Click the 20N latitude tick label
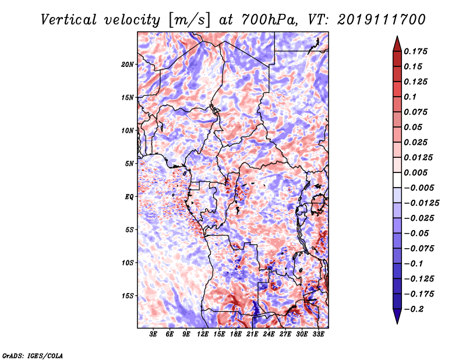128,65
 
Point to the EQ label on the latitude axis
129,197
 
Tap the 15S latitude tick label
128,296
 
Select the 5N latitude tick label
129,164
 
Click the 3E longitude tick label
153,334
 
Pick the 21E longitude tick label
252,334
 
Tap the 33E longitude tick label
318,334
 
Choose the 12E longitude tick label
202,334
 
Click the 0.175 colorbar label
415,51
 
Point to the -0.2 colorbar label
414,309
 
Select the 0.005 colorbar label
415,172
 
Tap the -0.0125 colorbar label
421,203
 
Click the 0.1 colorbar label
410,97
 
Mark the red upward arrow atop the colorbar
397,44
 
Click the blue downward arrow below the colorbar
397,316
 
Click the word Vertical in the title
69,20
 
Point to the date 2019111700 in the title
382,20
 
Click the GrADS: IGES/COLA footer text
33,356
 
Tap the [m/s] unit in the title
189,20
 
